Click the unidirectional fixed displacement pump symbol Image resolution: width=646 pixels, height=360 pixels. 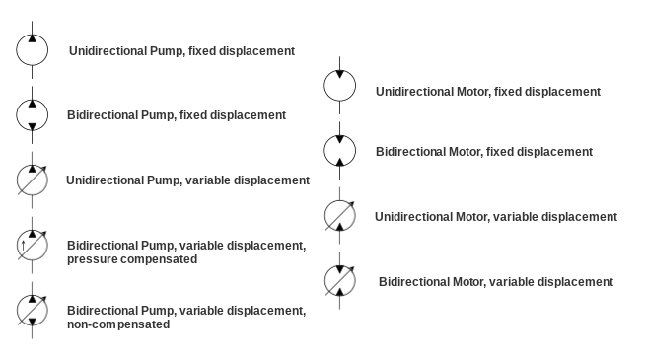(32, 49)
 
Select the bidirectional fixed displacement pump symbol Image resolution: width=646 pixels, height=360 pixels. (32, 114)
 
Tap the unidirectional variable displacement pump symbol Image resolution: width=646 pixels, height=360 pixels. (32, 180)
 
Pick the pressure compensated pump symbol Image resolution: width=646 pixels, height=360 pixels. (32, 245)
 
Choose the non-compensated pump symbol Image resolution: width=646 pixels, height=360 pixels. (32, 310)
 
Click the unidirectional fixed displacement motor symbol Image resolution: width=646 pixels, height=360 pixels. (340, 86)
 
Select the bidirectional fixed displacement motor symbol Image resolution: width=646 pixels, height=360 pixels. (340, 151)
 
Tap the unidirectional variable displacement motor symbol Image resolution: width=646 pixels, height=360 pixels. (340, 215)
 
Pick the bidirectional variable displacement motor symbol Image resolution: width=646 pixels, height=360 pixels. (340, 280)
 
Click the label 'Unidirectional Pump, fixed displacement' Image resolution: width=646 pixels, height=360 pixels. (181, 50)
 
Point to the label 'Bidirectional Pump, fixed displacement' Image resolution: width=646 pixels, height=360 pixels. (177, 115)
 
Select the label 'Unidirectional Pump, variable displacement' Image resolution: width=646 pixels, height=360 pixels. (187, 180)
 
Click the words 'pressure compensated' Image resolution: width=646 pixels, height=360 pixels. (132, 259)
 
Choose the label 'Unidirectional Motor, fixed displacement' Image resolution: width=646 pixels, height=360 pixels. (487, 92)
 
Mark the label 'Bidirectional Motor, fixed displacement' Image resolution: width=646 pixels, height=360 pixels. (484, 152)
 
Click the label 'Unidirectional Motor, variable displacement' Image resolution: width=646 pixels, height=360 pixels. (495, 217)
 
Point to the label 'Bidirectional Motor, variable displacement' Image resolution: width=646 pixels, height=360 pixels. (495, 282)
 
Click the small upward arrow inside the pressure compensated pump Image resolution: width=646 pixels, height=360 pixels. (23, 246)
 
